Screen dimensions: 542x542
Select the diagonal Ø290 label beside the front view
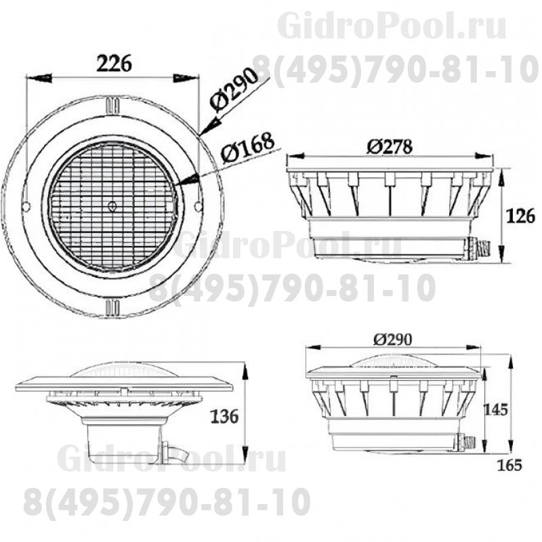pyautogui.click(x=234, y=90)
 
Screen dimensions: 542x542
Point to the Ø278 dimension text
pyautogui.click(x=390, y=146)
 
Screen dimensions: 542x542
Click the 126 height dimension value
pyautogui.click(x=521, y=216)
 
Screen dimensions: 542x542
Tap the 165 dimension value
pyautogui.click(x=509, y=465)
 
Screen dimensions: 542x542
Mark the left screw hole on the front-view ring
pyautogui.click(x=25, y=205)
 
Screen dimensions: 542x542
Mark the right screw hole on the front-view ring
pyautogui.click(x=198, y=205)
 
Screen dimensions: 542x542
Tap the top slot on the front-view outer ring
pyautogui.click(x=112, y=106)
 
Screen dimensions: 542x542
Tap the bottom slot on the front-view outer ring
pyautogui.click(x=112, y=307)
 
